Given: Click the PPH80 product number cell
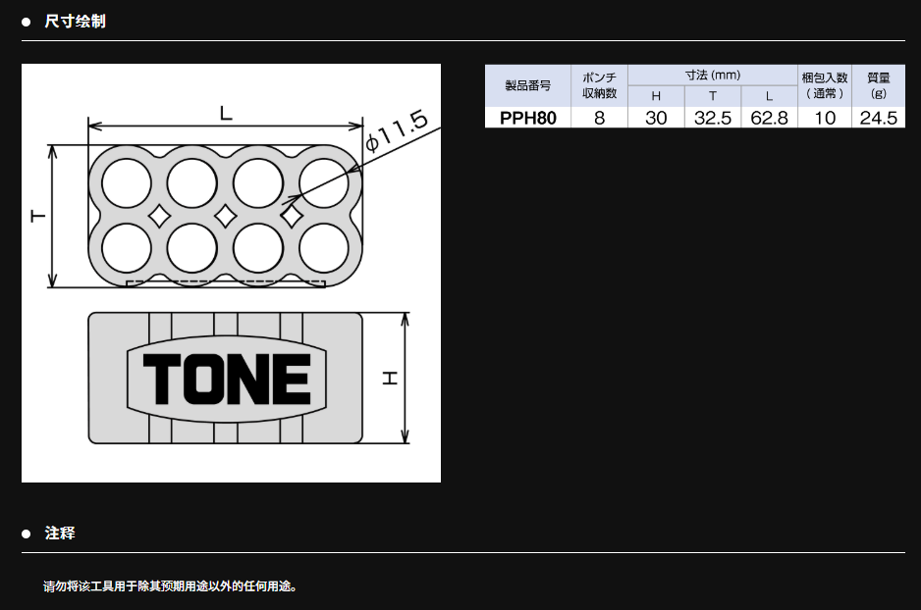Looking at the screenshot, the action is [x=527, y=118].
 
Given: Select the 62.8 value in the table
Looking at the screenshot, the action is [x=769, y=118].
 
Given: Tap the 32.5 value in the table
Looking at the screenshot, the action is [x=713, y=118].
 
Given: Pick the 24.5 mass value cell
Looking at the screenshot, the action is [x=878, y=118].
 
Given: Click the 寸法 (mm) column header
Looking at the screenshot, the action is [x=713, y=76].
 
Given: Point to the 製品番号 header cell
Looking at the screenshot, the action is [x=527, y=85].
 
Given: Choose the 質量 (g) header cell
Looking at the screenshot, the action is [x=878, y=85].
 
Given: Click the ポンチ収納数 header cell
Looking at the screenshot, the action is [x=599, y=85].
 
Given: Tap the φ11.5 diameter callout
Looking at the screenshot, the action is [x=397, y=130].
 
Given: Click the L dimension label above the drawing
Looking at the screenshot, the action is [x=226, y=113].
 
